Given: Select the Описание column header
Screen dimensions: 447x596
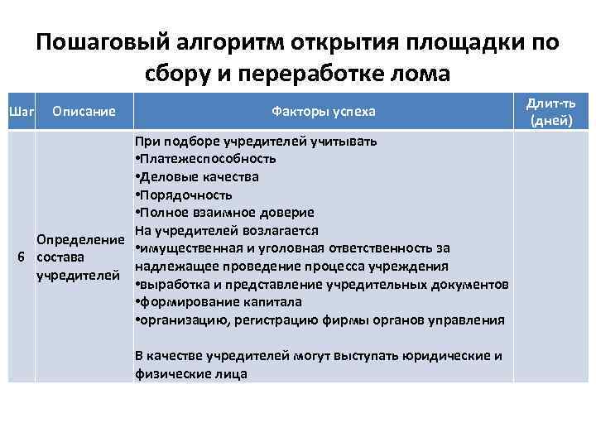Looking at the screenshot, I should (83, 110).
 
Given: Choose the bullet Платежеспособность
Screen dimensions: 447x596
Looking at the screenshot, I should (207, 158).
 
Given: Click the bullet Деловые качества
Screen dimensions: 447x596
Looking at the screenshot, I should (198, 176).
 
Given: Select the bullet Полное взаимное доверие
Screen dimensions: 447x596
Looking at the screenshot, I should (218, 213).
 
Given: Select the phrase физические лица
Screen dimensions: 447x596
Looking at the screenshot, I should (190, 374).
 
